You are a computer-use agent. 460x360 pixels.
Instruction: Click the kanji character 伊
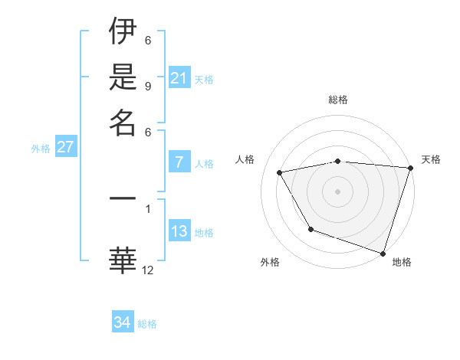coord(123,32)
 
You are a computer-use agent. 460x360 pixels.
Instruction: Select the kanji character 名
coord(123,122)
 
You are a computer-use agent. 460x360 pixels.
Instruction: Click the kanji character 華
coord(123,258)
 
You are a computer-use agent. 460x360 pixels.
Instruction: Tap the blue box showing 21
coord(179,78)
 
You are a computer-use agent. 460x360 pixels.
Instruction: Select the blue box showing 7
coord(179,162)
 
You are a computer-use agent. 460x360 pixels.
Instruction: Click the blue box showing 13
coord(179,232)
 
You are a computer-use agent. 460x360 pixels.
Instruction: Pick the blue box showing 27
coord(65,148)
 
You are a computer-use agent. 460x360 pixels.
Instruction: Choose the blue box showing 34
coord(123,322)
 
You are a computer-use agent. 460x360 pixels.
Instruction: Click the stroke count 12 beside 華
coord(148,270)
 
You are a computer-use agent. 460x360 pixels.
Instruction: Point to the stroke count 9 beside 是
coord(147,86)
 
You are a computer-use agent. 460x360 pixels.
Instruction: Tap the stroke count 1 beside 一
coord(147,207)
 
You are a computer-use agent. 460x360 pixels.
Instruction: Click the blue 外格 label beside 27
coord(40,149)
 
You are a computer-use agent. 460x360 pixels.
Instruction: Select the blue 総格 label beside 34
coord(147,324)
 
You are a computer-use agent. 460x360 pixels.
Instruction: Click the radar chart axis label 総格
coord(338,100)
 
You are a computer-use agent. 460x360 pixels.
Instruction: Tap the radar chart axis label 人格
coord(245,159)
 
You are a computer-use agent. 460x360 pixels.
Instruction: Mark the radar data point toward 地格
coord(383,252)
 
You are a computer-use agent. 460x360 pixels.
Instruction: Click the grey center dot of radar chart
coord(338,191)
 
